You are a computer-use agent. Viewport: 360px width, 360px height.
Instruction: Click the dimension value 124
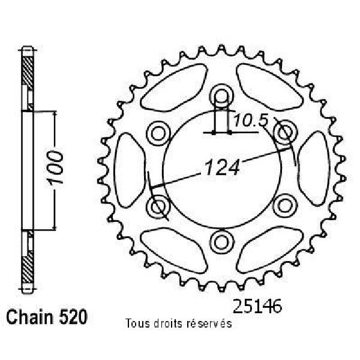click(x=222, y=167)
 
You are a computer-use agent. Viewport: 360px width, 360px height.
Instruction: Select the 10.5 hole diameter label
click(x=251, y=121)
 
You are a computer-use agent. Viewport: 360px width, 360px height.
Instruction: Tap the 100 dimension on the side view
click(x=55, y=167)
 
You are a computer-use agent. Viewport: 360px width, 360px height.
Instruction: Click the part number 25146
click(x=257, y=306)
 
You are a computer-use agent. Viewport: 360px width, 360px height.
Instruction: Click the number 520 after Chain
click(x=73, y=317)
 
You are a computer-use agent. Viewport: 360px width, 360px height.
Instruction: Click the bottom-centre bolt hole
click(x=221, y=242)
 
